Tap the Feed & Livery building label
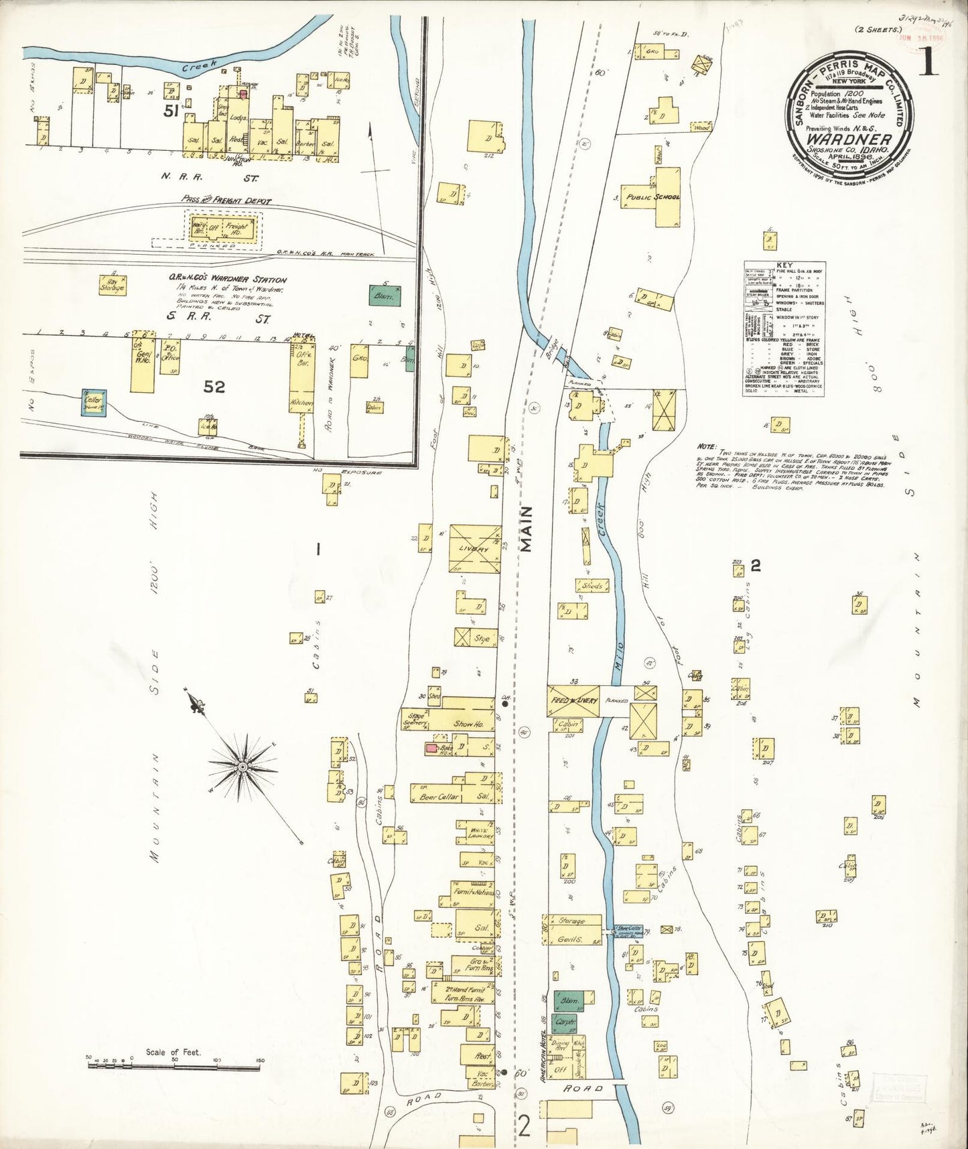tap(573, 701)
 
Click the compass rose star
tap(243, 764)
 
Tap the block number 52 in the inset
tap(214, 387)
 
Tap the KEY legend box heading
tap(784, 265)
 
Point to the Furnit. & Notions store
tap(474, 892)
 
